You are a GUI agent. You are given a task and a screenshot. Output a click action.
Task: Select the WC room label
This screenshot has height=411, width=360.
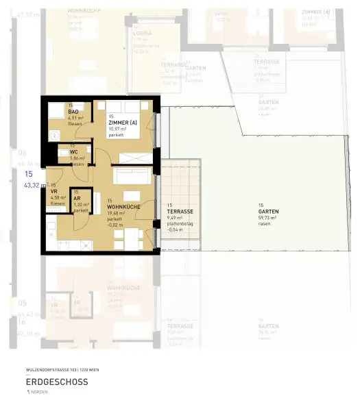point(73,152)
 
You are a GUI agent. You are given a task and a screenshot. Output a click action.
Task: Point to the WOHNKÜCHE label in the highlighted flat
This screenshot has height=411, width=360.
point(124,206)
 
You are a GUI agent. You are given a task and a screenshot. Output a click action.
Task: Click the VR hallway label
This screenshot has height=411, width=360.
point(53,192)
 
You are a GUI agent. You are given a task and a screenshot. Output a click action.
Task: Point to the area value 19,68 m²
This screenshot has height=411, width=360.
point(119,212)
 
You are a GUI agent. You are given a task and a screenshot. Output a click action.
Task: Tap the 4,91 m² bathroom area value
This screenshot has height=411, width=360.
point(75,118)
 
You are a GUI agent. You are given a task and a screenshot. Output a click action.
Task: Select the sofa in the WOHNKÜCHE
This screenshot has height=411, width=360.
point(130,175)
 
